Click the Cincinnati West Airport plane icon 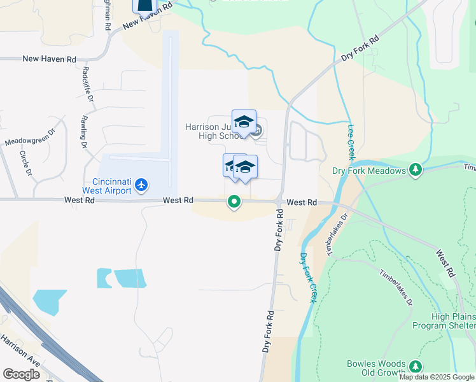141,185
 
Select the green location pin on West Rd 234,203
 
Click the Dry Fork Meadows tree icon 416,170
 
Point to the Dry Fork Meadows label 369,171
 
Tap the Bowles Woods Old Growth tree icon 416,366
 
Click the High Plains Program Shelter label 444,321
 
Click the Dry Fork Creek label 307,278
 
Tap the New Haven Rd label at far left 49,59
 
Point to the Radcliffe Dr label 87,84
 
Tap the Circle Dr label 25,162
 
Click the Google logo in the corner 21,374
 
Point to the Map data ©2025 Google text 437,377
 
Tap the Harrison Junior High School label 213,131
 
